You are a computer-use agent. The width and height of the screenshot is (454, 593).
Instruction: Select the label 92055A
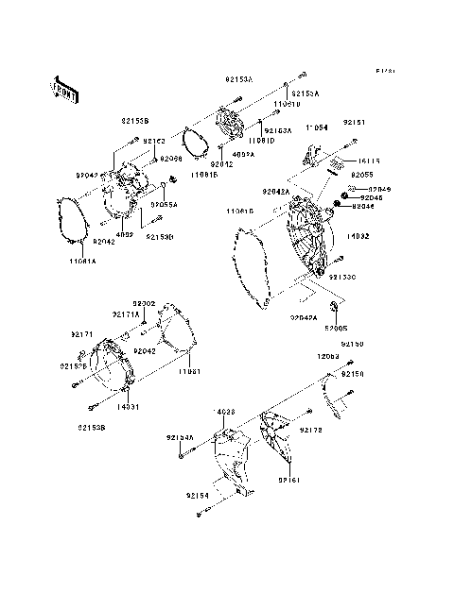pos(165,203)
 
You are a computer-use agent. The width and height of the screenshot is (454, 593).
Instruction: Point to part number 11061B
pos(203,175)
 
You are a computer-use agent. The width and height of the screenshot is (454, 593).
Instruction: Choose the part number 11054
pos(315,127)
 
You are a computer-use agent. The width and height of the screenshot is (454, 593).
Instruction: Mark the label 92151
pos(354,122)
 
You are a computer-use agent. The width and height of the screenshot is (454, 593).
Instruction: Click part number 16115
pos(369,161)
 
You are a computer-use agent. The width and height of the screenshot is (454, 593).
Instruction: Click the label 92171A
pos(126,313)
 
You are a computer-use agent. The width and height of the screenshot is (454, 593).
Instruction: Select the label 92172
pos(313,430)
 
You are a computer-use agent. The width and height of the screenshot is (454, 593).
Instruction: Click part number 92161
pos(289,480)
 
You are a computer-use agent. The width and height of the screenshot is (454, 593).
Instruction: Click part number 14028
pos(225,413)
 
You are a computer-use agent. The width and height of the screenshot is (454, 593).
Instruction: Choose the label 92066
pos(171,159)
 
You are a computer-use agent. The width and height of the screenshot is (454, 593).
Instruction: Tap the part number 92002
pos(144,303)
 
